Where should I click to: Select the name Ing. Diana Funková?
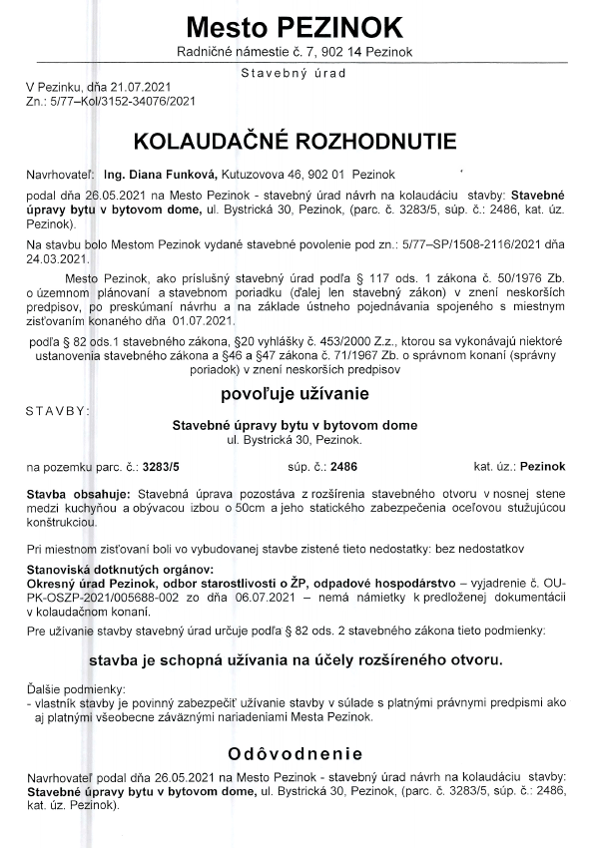point(160,175)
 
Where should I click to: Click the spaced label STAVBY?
point(58,409)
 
